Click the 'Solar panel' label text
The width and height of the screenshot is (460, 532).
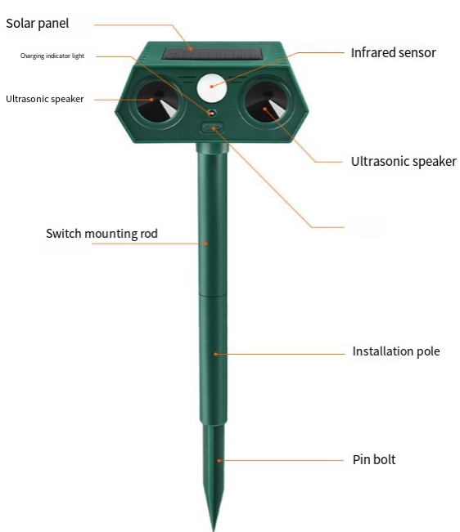pyautogui.click(x=38, y=24)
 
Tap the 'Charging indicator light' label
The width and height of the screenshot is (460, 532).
pyautogui.click(x=52, y=56)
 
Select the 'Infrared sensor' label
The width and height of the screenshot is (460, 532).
pyautogui.click(x=393, y=52)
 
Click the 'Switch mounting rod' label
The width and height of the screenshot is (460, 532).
pyautogui.click(x=101, y=234)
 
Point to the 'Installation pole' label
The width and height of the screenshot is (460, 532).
pyautogui.click(x=396, y=351)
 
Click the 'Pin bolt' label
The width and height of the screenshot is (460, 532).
pyautogui.click(x=374, y=460)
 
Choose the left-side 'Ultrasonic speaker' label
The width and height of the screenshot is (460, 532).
pyautogui.click(x=44, y=99)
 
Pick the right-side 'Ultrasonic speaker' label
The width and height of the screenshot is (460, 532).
pyautogui.click(x=404, y=162)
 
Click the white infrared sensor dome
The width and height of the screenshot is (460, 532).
pyautogui.click(x=211, y=87)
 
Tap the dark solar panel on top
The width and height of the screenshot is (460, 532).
pyautogui.click(x=212, y=54)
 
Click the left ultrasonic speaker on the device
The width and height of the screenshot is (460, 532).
pyautogui.click(x=158, y=101)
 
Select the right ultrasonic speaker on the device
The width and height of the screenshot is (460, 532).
pyautogui.click(x=267, y=101)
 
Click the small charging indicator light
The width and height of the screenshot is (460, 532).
pyautogui.click(x=212, y=113)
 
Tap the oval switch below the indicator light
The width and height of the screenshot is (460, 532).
pyautogui.click(x=212, y=128)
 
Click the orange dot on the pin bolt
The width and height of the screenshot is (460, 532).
pyautogui.click(x=219, y=461)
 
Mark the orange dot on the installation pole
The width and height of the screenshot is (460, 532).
pyautogui.click(x=215, y=354)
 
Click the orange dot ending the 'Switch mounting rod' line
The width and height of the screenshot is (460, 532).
pyautogui.click(x=206, y=244)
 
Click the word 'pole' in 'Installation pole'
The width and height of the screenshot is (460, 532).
pyautogui.click(x=428, y=351)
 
